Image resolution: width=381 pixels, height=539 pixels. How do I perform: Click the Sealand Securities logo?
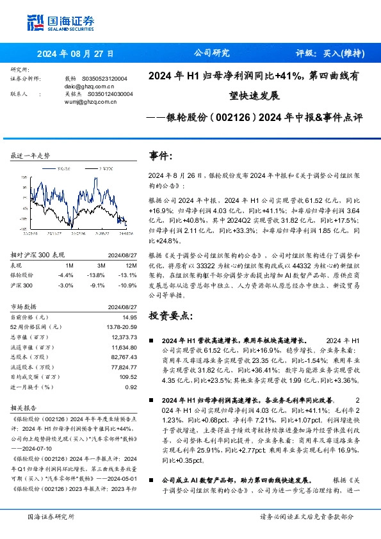pyautogui.click(x=61, y=23)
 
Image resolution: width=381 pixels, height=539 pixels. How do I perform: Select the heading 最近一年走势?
pyautogui.click(x=31, y=156)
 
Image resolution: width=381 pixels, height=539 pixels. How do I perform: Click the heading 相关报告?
pyautogui.click(x=25, y=408)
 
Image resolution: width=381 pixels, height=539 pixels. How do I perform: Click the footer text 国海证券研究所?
pyautogui.click(x=51, y=516)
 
